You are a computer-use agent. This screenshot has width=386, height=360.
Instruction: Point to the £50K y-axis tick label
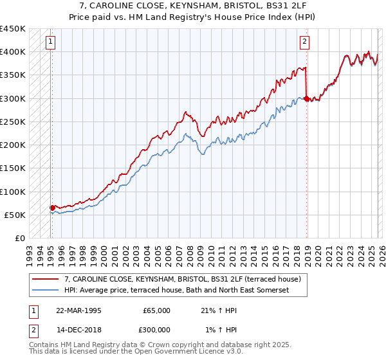click(x=14, y=215)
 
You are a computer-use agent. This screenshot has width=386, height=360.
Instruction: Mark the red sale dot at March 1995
click(x=52, y=208)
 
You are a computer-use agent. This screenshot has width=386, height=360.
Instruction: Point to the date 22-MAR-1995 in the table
click(x=78, y=310)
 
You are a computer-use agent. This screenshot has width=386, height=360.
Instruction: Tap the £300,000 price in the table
click(x=157, y=329)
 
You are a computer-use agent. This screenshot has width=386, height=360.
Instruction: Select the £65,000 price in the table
click(x=157, y=310)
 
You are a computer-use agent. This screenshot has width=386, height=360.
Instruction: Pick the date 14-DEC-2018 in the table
click(x=78, y=329)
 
